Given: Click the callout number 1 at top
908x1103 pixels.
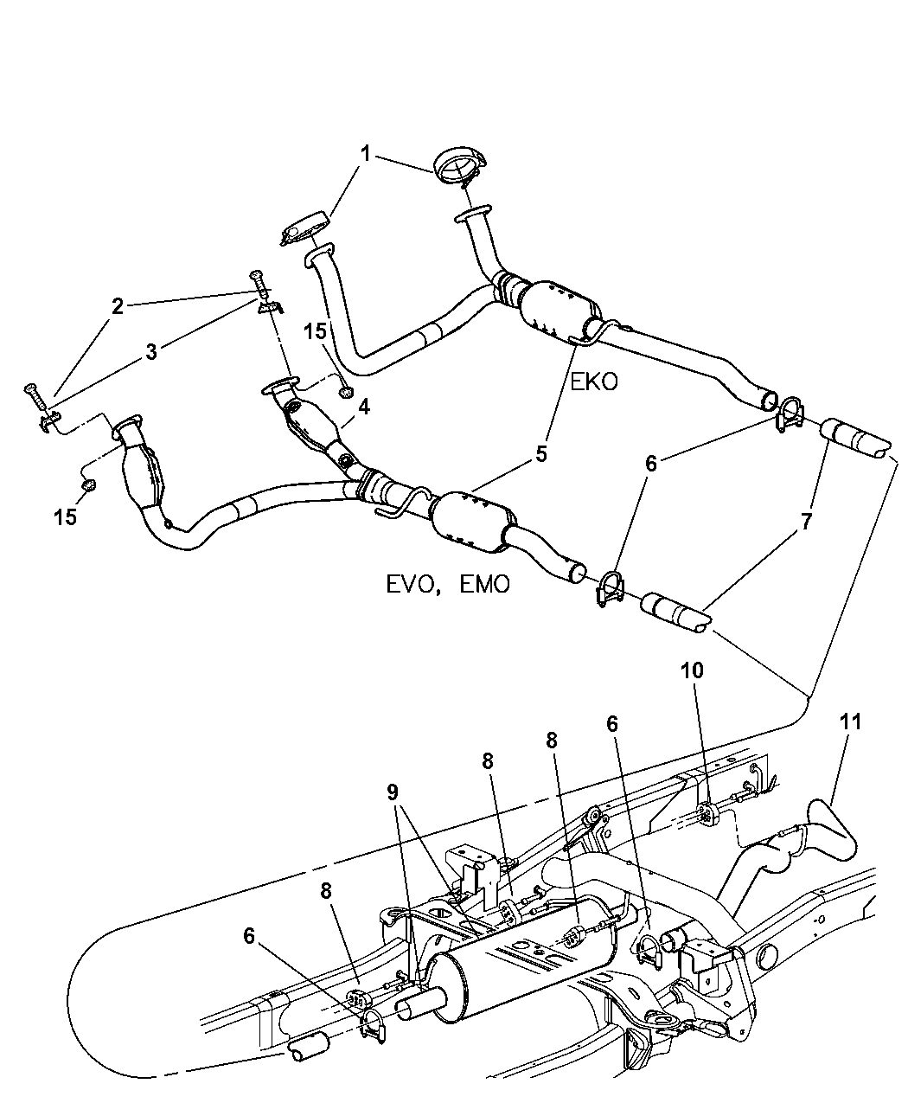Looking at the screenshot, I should click(x=365, y=154).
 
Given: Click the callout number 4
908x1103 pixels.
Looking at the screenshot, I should click(x=364, y=406).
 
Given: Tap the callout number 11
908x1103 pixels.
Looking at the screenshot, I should click(x=850, y=721).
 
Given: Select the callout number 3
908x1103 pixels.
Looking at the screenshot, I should click(x=151, y=351).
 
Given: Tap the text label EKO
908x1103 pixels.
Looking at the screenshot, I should click(x=593, y=382).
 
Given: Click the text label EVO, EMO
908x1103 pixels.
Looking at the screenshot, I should click(x=448, y=584).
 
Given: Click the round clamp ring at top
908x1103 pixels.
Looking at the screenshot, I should click(x=460, y=166).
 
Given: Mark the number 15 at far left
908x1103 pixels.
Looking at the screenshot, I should click(x=65, y=516).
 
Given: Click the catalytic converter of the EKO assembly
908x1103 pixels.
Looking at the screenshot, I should click(x=558, y=307).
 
